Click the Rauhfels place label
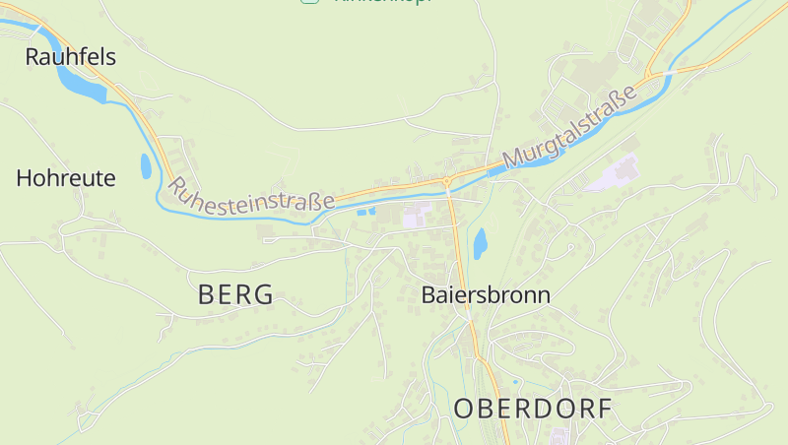(x=70, y=57)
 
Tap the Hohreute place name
(x=66, y=178)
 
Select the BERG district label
(x=235, y=294)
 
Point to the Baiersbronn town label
(x=486, y=294)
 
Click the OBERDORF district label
(x=533, y=409)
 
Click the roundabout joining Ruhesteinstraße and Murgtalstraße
(x=447, y=181)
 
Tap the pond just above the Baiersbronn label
(x=480, y=242)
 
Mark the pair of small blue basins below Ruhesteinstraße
(x=366, y=211)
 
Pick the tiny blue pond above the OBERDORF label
(x=515, y=381)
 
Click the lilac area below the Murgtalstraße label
(x=613, y=175)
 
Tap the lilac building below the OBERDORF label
(x=558, y=435)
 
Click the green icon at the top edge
(x=309, y=2)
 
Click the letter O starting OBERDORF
(x=466, y=409)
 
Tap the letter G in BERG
(x=263, y=294)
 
